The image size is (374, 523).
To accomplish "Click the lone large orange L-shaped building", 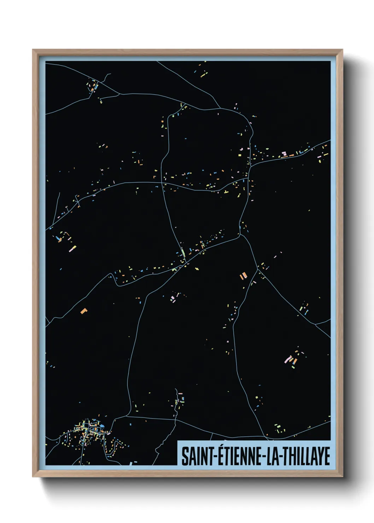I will coord(84,311).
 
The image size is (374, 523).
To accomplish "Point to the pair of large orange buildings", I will coord(243,275).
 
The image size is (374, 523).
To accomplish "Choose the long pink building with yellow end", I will coord(72,249).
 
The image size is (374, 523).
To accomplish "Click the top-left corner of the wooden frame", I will coord(33,50).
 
